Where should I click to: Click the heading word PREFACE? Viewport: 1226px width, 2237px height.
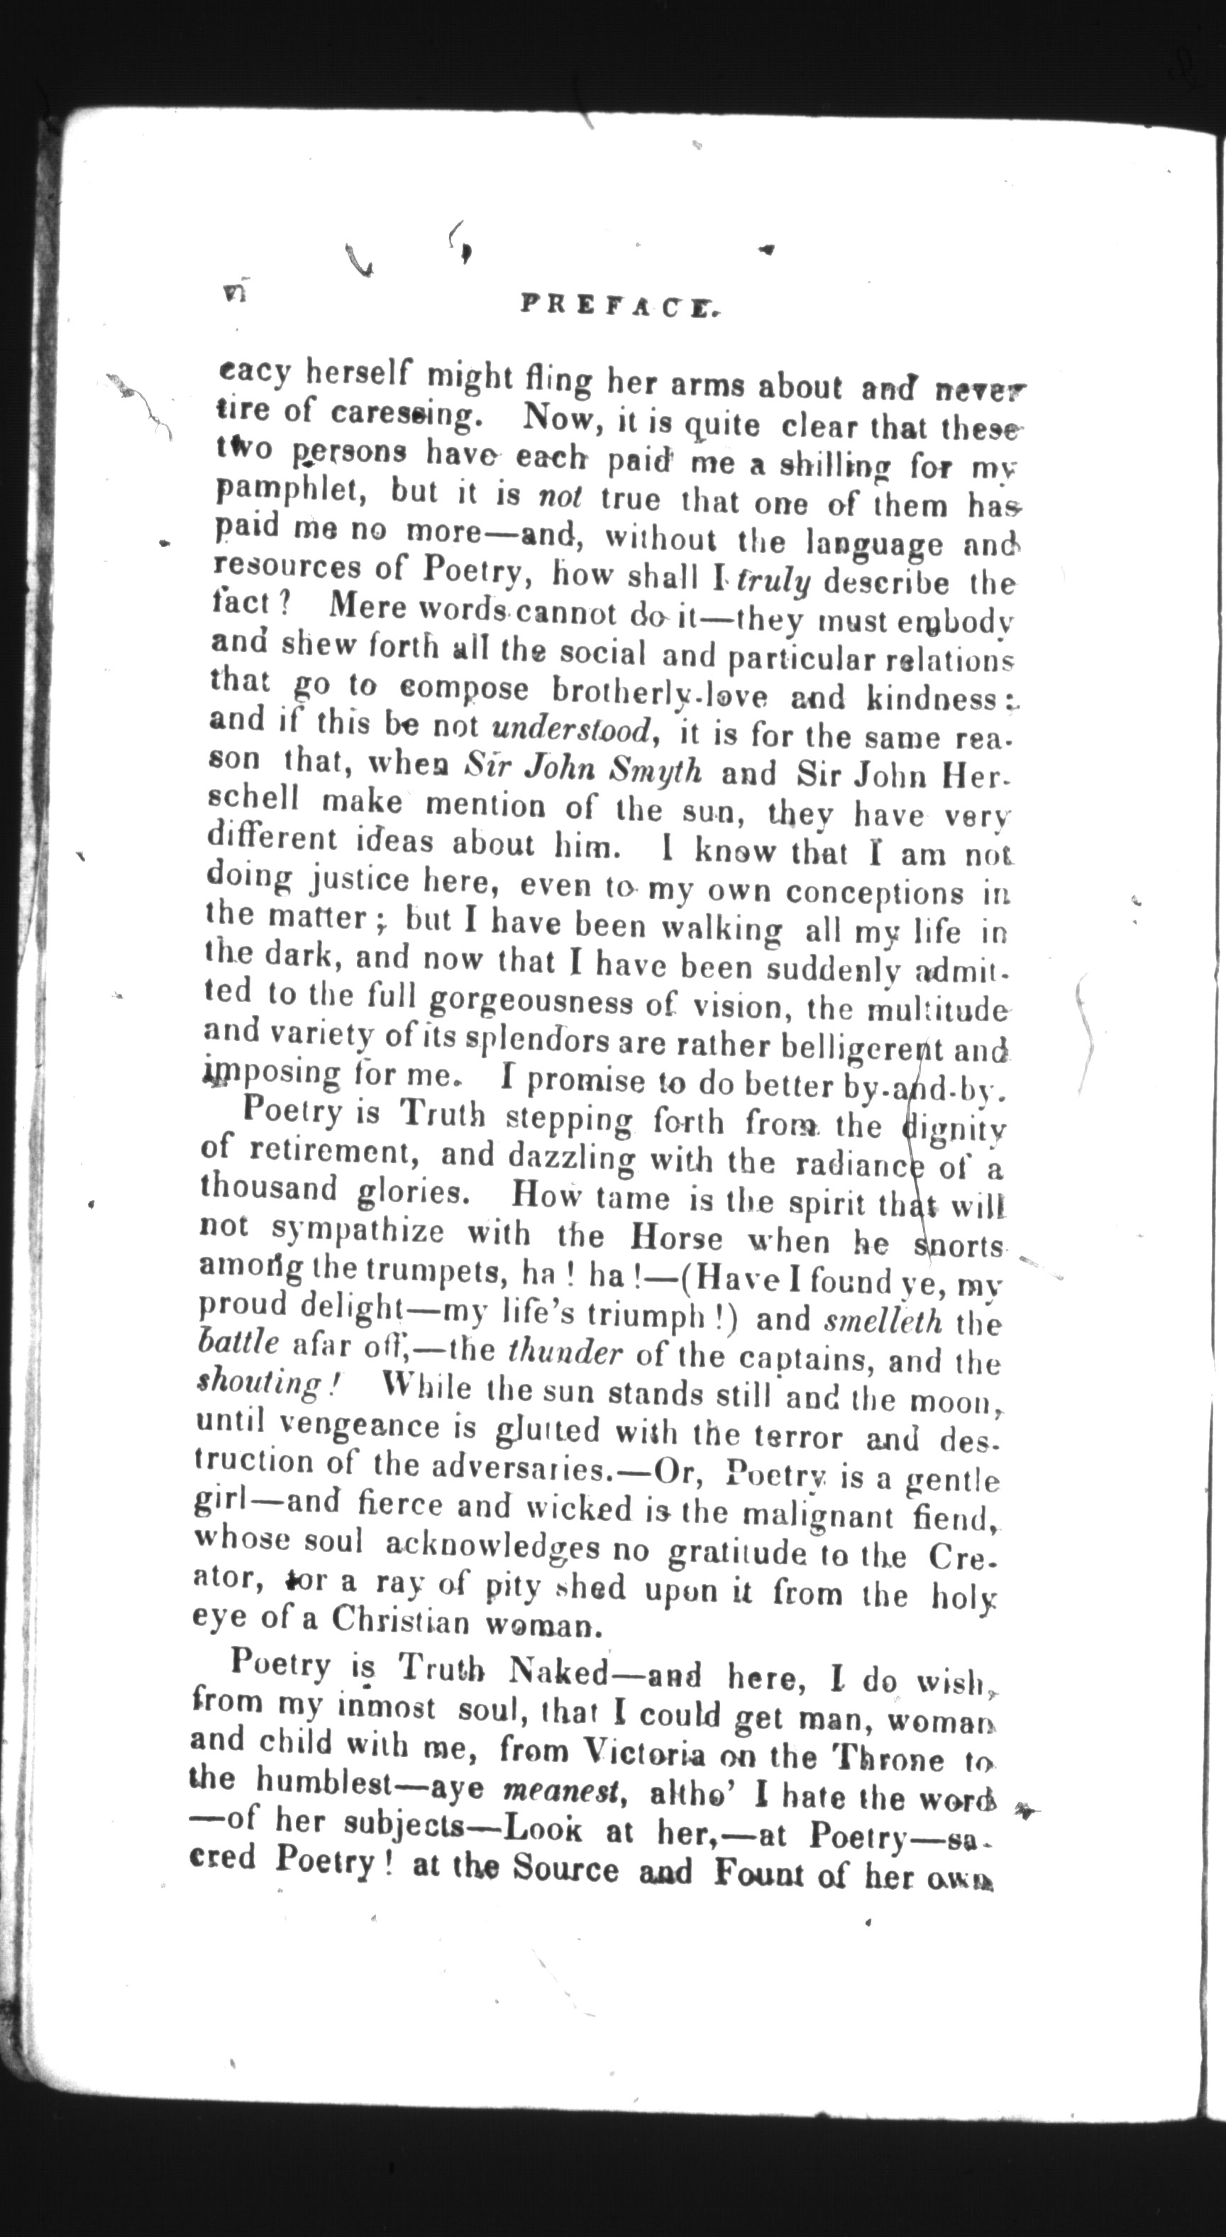point(622,304)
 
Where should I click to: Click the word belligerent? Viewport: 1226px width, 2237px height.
point(856,1048)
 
